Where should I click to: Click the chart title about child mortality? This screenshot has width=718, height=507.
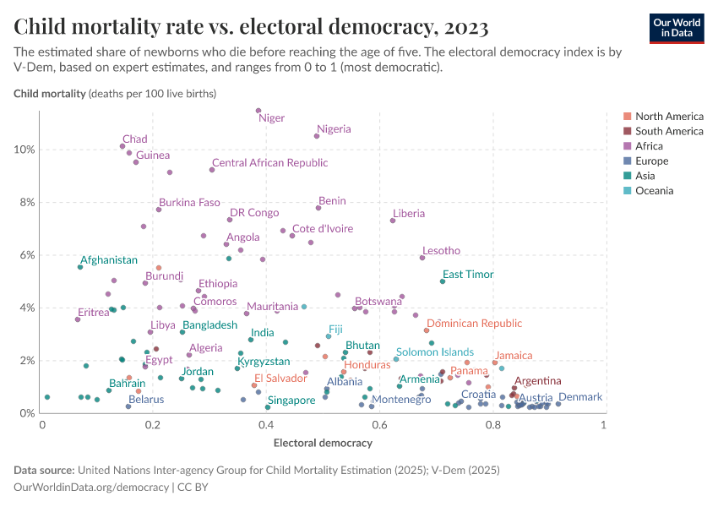click(251, 28)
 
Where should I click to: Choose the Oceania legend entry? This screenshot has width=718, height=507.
click(654, 191)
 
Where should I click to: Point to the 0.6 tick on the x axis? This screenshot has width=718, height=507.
click(379, 424)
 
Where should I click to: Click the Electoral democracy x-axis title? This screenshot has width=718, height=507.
click(323, 442)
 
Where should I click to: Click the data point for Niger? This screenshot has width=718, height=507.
click(258, 111)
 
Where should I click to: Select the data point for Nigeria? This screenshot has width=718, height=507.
click(317, 136)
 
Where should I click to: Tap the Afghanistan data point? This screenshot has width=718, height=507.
click(80, 267)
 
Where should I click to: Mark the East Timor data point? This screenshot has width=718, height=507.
click(442, 281)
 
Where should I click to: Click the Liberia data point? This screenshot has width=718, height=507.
click(393, 221)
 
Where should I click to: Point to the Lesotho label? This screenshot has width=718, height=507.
click(441, 251)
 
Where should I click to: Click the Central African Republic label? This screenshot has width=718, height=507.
click(269, 163)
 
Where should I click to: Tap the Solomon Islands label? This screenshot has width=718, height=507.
click(435, 352)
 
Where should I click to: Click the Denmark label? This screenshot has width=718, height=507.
click(580, 397)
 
